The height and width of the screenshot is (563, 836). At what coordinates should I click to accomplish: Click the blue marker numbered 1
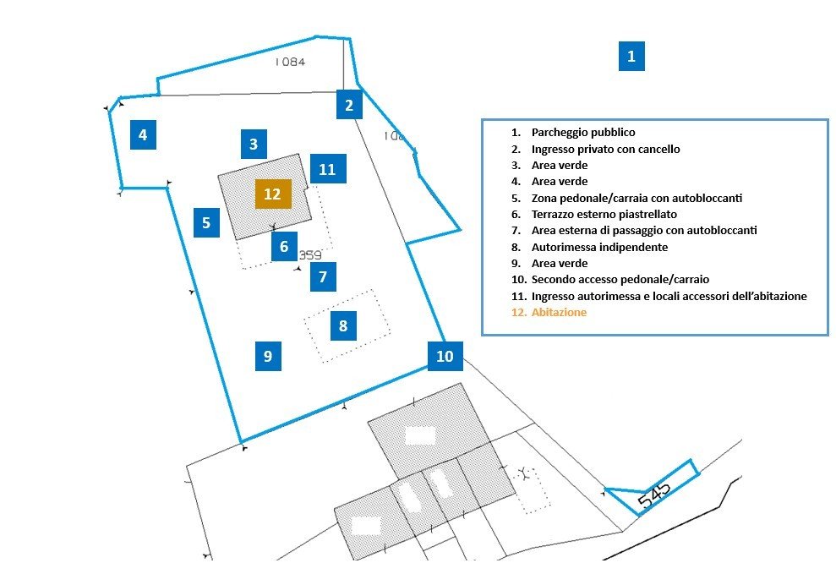pyautogui.click(x=631, y=56)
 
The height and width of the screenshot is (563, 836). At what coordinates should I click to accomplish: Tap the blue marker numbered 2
pyautogui.click(x=349, y=105)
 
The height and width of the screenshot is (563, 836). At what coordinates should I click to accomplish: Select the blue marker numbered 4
pyautogui.click(x=143, y=134)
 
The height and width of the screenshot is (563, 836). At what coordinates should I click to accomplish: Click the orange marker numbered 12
pyautogui.click(x=273, y=194)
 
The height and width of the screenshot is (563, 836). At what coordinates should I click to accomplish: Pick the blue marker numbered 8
pyautogui.click(x=343, y=325)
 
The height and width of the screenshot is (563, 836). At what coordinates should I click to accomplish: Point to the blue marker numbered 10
pyautogui.click(x=445, y=356)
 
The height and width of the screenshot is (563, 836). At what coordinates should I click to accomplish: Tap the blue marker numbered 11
pyautogui.click(x=328, y=168)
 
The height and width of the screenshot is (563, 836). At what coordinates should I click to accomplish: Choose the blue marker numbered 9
pyautogui.click(x=268, y=356)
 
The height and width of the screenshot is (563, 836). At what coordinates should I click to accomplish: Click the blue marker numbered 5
pyautogui.click(x=206, y=222)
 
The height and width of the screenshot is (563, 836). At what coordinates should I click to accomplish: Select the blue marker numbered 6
pyautogui.click(x=284, y=246)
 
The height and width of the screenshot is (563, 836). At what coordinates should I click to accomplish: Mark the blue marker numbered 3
pyautogui.click(x=254, y=144)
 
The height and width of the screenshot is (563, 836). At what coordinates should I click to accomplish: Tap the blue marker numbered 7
pyautogui.click(x=323, y=276)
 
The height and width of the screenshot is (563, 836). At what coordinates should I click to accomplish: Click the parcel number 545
pyautogui.click(x=654, y=496)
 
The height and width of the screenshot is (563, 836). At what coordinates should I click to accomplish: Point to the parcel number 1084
pyautogui.click(x=290, y=62)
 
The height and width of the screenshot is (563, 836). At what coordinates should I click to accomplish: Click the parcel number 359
pyautogui.click(x=309, y=254)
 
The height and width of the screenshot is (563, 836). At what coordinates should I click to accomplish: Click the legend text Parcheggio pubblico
pyautogui.click(x=583, y=132)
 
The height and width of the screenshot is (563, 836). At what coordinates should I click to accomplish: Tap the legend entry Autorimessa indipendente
pyautogui.click(x=599, y=247)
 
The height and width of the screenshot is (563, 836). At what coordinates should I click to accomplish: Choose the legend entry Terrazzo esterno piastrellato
pyautogui.click(x=604, y=215)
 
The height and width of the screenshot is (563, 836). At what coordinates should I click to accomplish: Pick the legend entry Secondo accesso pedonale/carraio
pyautogui.click(x=620, y=279)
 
